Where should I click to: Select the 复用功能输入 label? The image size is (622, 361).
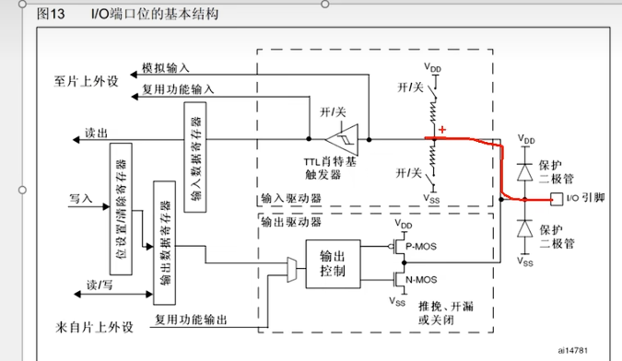(x=178, y=89)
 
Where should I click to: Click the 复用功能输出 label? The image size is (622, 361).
(x=190, y=320)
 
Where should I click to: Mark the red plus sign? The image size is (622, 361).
(x=443, y=130)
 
